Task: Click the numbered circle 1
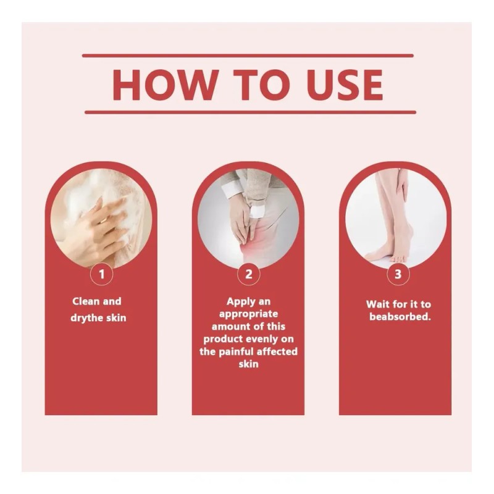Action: (x=101, y=274)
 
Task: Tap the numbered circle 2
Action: (x=249, y=274)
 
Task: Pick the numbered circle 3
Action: (x=398, y=274)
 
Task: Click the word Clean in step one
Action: (x=86, y=301)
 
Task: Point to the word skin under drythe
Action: (x=115, y=318)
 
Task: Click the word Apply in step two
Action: (x=240, y=302)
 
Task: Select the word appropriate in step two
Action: (x=249, y=314)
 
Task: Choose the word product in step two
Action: (x=222, y=339)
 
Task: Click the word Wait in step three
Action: (x=377, y=304)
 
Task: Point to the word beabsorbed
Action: (x=400, y=317)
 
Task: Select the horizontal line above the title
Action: (x=248, y=56)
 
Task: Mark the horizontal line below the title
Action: (x=251, y=112)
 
